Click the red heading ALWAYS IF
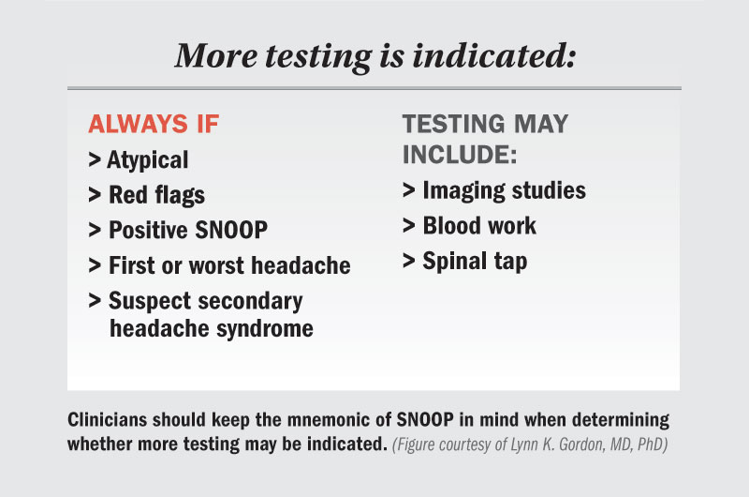click(154, 124)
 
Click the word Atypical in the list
click(148, 160)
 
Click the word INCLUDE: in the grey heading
click(460, 155)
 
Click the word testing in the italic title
click(318, 57)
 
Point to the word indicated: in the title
click(494, 55)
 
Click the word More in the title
click(216, 55)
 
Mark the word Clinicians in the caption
click(107, 419)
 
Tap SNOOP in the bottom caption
click(425, 419)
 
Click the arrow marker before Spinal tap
click(408, 261)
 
